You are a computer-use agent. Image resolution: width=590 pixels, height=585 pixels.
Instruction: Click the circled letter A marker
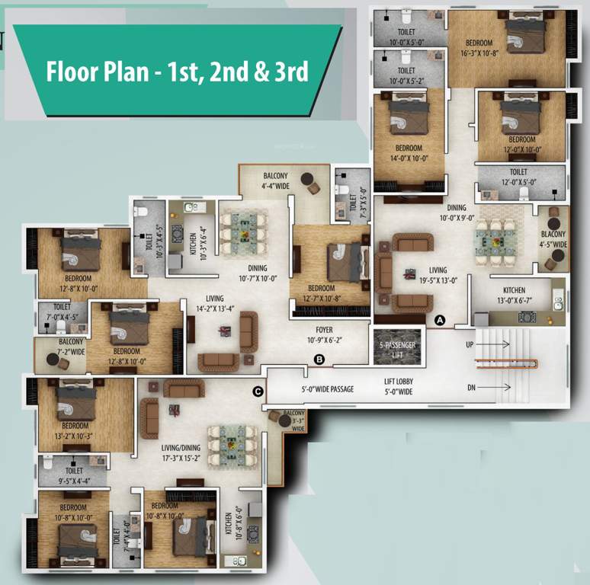(x=439, y=321)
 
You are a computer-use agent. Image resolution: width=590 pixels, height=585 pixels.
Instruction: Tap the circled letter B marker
(x=319, y=359)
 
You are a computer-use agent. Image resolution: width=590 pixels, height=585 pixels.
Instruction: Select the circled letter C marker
(x=258, y=392)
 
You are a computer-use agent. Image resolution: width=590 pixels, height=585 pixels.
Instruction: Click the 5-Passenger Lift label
(x=397, y=349)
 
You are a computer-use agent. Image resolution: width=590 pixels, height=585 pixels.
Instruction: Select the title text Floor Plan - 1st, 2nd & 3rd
(x=177, y=72)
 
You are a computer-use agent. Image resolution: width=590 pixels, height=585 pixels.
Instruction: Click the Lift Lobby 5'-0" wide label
(x=398, y=388)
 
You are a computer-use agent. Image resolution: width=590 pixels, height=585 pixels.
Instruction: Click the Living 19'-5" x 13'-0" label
(x=438, y=274)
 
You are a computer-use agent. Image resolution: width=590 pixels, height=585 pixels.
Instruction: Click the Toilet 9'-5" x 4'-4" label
(x=74, y=476)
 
